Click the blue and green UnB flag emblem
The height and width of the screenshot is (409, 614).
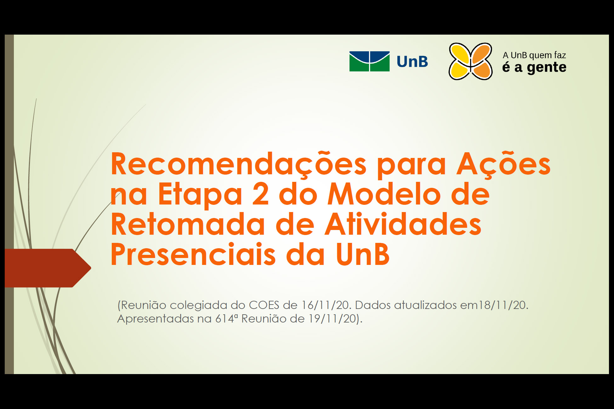point(369,61)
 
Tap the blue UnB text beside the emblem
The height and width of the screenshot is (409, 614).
point(412,62)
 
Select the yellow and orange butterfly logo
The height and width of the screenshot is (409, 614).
point(470,61)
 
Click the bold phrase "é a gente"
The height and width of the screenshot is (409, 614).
point(534,67)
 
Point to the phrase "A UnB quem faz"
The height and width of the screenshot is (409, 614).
point(534,55)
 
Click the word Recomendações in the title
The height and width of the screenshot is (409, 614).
point(239,165)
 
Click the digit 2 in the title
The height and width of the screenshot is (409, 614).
point(261,193)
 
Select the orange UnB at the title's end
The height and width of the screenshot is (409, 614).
point(363,254)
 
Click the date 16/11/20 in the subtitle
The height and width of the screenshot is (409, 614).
point(326,305)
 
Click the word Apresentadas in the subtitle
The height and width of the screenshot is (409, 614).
point(156,319)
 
